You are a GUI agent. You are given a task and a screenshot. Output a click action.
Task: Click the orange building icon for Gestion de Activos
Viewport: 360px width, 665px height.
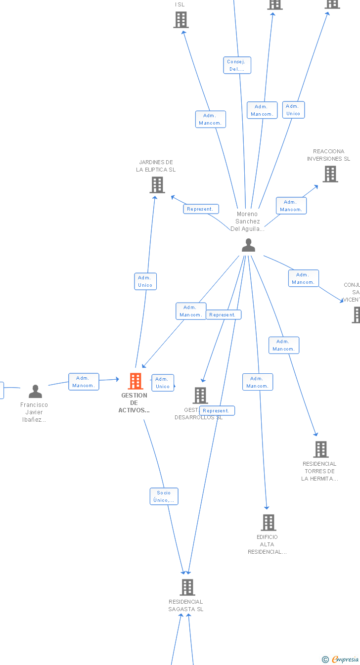(x=135, y=381)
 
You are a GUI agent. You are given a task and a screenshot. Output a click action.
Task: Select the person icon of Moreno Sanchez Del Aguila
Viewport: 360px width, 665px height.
(x=248, y=245)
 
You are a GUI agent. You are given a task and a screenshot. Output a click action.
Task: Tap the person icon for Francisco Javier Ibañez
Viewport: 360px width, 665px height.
(x=35, y=392)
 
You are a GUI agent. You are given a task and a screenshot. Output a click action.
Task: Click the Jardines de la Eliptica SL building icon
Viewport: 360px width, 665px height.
(x=157, y=185)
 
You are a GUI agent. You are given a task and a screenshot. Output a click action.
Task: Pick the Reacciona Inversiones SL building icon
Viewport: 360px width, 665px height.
(x=330, y=174)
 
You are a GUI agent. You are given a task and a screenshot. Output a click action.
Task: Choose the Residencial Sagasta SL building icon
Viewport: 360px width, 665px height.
(x=187, y=587)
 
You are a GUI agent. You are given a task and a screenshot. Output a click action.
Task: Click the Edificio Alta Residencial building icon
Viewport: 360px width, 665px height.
(x=269, y=523)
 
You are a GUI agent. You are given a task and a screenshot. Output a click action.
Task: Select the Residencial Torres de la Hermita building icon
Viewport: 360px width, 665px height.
(x=321, y=449)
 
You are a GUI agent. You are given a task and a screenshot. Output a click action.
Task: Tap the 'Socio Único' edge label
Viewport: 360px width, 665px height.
(x=164, y=496)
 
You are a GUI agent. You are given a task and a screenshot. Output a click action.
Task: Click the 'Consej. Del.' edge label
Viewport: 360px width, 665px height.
(x=237, y=65)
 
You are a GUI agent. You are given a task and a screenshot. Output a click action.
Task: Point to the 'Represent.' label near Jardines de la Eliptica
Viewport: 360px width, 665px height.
(x=201, y=209)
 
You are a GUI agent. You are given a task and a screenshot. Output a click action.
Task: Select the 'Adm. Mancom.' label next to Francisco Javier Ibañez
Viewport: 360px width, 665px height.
(x=84, y=382)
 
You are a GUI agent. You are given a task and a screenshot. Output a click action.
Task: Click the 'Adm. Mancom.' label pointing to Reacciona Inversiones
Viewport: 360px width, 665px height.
(x=291, y=206)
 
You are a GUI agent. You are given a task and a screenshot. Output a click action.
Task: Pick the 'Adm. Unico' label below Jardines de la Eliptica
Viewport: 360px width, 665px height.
(x=145, y=281)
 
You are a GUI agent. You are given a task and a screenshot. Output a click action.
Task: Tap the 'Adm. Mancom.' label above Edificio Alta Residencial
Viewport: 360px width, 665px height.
(x=258, y=382)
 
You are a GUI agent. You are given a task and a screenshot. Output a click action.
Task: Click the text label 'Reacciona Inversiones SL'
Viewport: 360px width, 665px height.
(x=328, y=155)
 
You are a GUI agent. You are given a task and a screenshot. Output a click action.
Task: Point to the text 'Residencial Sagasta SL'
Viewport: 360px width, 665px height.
(x=186, y=606)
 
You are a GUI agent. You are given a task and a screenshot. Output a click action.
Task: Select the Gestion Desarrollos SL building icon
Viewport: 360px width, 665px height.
(x=200, y=396)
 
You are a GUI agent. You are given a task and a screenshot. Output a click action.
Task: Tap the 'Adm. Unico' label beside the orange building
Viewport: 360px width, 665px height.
(x=163, y=383)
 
